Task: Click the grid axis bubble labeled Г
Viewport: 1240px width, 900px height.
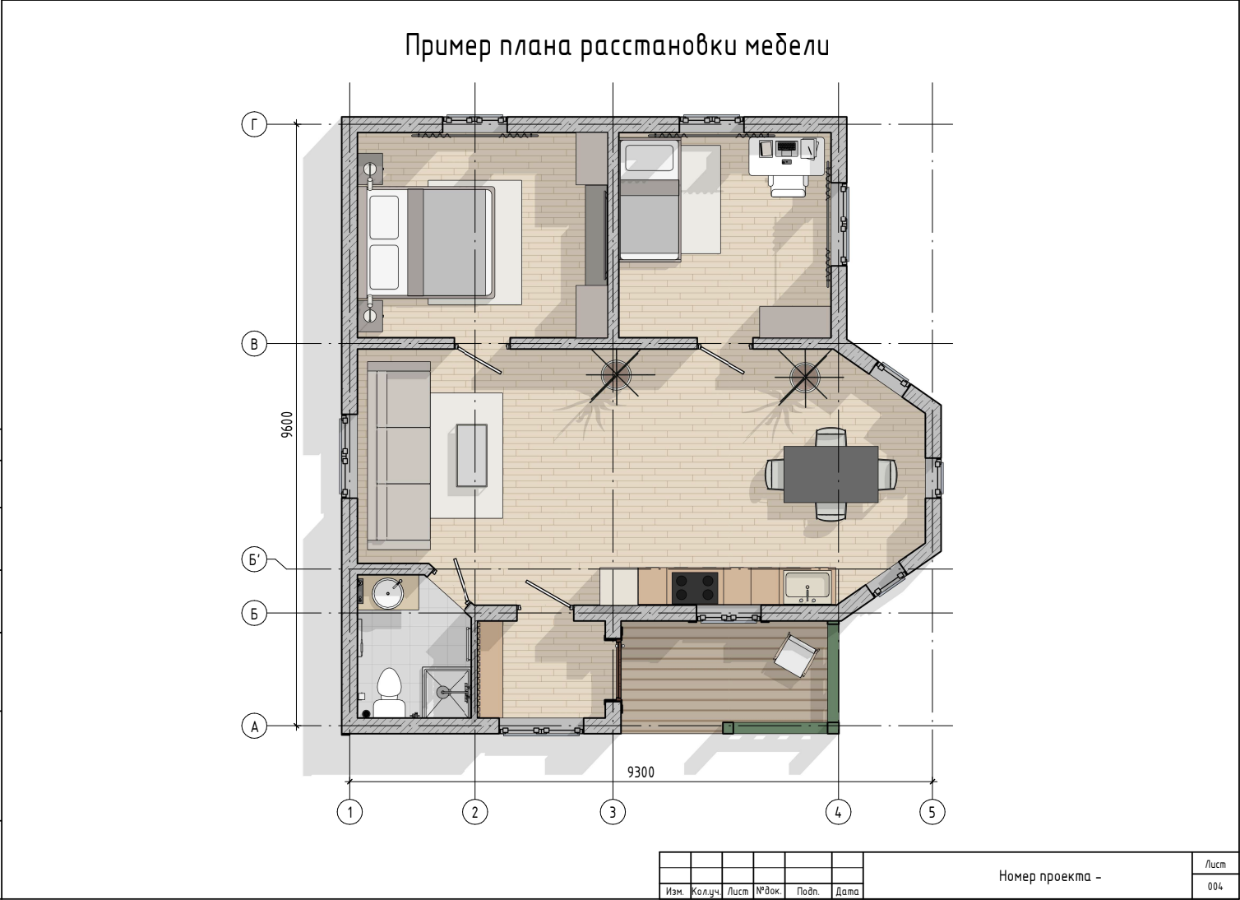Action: [254, 124]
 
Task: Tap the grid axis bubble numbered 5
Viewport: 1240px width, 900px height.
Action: [932, 812]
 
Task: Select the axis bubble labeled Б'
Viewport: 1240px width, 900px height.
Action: [254, 559]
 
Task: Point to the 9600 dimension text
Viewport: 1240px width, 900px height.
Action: [287, 424]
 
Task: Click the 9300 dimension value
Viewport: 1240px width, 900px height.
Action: [641, 772]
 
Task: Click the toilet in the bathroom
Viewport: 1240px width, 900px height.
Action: [389, 693]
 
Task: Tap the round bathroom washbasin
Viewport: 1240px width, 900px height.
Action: [387, 592]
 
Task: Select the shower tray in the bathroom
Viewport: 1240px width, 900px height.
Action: [446, 693]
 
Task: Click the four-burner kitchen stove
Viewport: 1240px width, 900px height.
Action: [695, 587]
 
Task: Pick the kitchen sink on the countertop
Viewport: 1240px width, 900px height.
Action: [807, 587]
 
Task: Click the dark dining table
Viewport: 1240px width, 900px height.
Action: [831, 474]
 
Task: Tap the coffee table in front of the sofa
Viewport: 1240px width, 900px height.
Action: [472, 455]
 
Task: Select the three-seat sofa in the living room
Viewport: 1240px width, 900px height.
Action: [399, 455]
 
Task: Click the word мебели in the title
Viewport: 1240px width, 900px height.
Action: [787, 45]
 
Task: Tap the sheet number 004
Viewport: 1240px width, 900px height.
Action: [1215, 886]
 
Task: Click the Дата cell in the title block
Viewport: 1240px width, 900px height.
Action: [847, 891]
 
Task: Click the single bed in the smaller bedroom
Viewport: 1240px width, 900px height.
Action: [650, 201]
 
